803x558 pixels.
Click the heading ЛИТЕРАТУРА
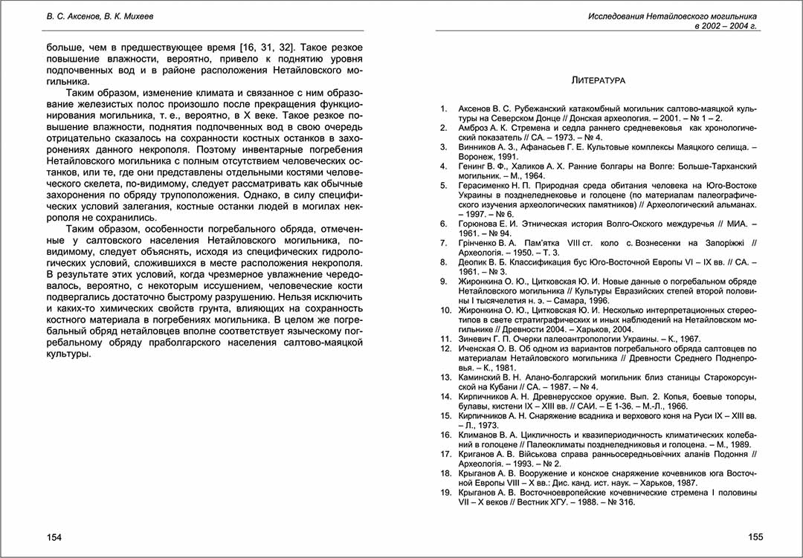tap(597, 80)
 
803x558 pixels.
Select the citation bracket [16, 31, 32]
tap(259, 46)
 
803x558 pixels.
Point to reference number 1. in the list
tap(443, 109)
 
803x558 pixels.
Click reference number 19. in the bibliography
tap(445, 493)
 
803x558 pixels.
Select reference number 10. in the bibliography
tap(445, 310)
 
